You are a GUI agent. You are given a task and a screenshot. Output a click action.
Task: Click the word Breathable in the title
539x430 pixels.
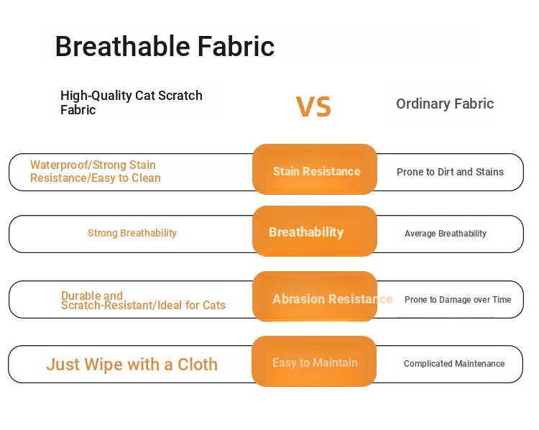pos(123,46)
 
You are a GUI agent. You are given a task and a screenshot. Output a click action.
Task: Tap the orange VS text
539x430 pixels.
pos(313,106)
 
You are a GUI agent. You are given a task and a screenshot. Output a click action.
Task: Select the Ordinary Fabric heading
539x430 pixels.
pos(445,104)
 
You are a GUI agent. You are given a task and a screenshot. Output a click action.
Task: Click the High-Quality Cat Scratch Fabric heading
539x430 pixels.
pos(132,103)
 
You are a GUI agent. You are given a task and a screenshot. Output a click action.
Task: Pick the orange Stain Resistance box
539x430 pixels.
pos(315,169)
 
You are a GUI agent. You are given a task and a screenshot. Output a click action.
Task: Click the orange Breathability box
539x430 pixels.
pos(315,231)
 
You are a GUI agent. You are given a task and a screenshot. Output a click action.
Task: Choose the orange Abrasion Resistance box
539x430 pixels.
pos(315,296)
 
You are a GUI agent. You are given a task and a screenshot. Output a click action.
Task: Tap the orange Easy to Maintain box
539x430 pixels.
pos(314,361)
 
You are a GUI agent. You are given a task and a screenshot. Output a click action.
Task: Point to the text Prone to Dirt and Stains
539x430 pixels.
pos(450,172)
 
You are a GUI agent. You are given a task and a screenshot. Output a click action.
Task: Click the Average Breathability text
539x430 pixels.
pos(445,234)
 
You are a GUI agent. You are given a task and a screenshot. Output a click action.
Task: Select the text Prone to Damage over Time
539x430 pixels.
pos(458,300)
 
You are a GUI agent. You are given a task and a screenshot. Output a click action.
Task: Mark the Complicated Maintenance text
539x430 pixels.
pos(454,364)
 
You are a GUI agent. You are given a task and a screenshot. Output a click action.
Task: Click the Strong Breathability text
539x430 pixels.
pos(132,233)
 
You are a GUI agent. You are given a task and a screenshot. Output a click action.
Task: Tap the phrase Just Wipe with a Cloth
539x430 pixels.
pos(132,365)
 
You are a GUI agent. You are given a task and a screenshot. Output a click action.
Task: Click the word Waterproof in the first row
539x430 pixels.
pos(59,165)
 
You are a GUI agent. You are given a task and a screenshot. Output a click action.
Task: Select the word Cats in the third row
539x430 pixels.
pos(214,305)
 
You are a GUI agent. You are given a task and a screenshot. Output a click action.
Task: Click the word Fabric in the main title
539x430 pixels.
pos(236,46)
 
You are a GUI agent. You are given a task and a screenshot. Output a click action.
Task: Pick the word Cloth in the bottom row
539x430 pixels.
pos(198,365)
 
